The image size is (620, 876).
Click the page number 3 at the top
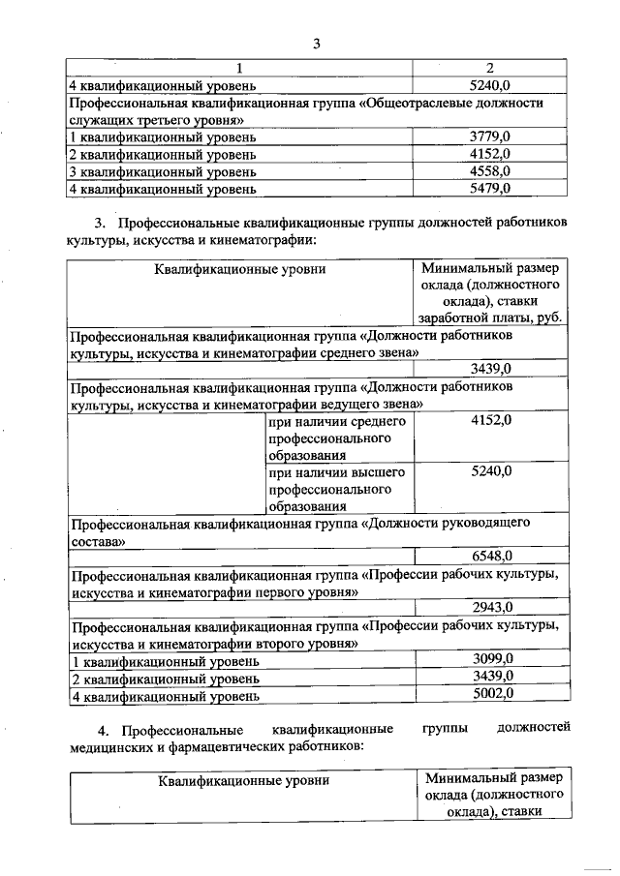tap(316, 43)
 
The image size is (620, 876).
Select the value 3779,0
tap(490, 136)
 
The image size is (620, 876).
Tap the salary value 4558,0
tap(490, 171)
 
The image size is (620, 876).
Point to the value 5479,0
tap(490, 188)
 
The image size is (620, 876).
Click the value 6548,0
tap(490, 556)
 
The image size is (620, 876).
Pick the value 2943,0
tap(490, 608)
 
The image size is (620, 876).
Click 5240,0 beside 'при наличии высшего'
tap(490, 472)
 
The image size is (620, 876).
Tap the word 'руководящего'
tap(477, 524)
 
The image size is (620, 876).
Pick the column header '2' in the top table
tap(490, 68)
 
